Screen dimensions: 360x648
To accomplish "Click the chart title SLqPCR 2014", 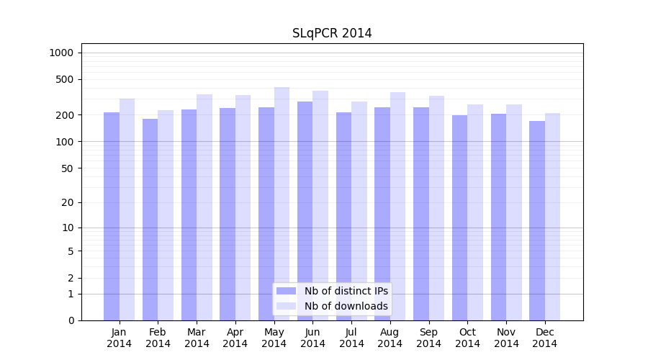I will [332, 33].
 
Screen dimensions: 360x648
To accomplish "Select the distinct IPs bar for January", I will [112, 216].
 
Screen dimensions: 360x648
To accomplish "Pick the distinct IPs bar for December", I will [537, 220].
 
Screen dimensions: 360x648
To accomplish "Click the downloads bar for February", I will [166, 215].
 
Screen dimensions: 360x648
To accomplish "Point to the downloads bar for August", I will [397, 206].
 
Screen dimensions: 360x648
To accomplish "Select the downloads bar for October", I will [475, 212].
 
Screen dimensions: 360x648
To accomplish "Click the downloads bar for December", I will [552, 217].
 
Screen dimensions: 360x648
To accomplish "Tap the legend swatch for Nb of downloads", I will [287, 306].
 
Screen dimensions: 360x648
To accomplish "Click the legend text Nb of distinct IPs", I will [346, 291].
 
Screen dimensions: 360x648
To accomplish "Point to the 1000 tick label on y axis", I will [61, 53].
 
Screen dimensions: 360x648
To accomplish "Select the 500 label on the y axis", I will [66, 79].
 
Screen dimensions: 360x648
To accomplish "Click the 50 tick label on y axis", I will [68, 168].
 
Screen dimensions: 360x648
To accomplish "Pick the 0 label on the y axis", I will [71, 320].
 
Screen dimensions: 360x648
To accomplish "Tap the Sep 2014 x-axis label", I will [428, 338].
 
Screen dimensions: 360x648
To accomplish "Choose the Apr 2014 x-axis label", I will [235, 338].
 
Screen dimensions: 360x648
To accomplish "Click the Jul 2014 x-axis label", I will [351, 338].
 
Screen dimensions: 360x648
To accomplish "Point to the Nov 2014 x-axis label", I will [506, 338].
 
